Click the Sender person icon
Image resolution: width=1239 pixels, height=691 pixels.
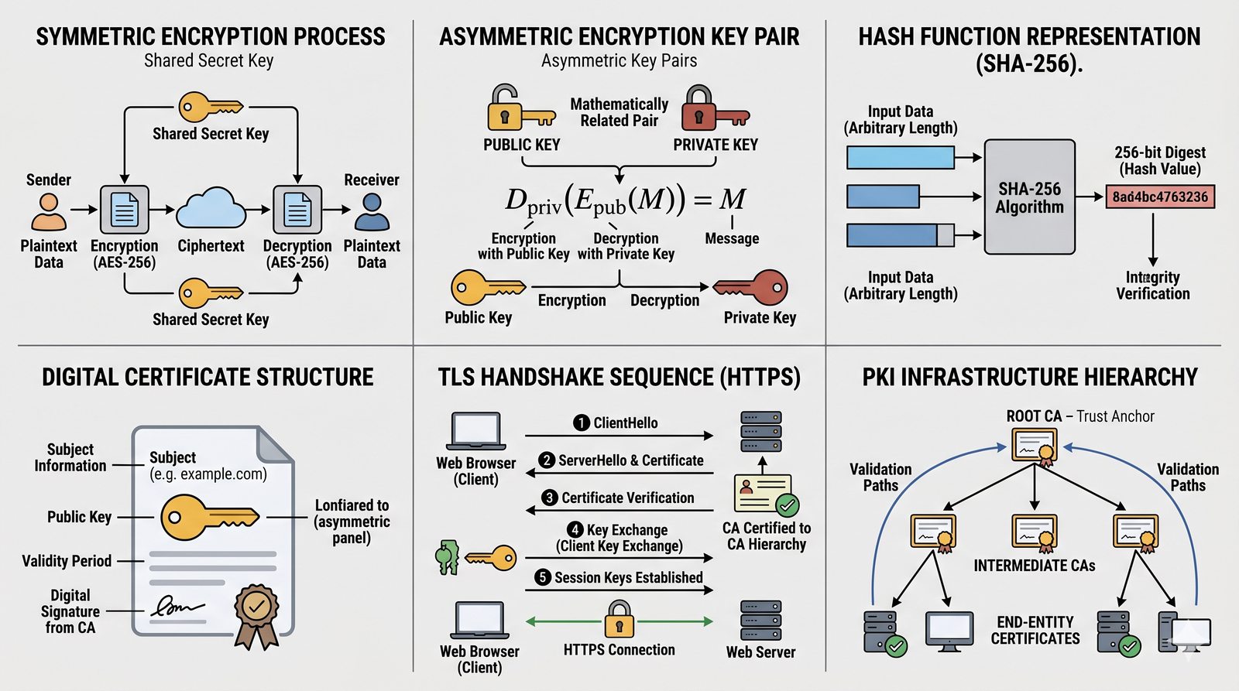[x=49, y=211]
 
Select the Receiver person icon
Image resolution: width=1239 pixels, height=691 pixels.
[x=372, y=211]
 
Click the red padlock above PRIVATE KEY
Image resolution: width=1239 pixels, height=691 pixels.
[x=699, y=109]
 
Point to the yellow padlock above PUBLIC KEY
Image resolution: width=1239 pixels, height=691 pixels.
[x=505, y=109]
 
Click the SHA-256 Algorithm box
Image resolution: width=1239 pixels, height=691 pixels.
[x=1029, y=197]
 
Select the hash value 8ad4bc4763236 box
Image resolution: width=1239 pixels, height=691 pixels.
[x=1160, y=197]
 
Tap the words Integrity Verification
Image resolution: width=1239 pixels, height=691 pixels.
[x=1152, y=286]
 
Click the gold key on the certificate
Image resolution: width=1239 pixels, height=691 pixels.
[x=209, y=516]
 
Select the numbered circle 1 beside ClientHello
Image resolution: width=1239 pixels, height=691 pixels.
[x=582, y=422]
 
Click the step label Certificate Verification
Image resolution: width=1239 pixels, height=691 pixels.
[x=627, y=498]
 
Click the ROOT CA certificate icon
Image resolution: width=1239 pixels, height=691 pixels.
[x=1035, y=447]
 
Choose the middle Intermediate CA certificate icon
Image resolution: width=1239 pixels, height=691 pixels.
[x=1035, y=532]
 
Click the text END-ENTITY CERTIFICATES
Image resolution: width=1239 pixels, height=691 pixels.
[x=1035, y=630]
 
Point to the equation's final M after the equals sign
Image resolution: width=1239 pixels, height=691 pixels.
[x=732, y=200]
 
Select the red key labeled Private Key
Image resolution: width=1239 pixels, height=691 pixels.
[x=751, y=288]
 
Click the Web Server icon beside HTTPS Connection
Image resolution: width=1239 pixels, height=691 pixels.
[x=760, y=620]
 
